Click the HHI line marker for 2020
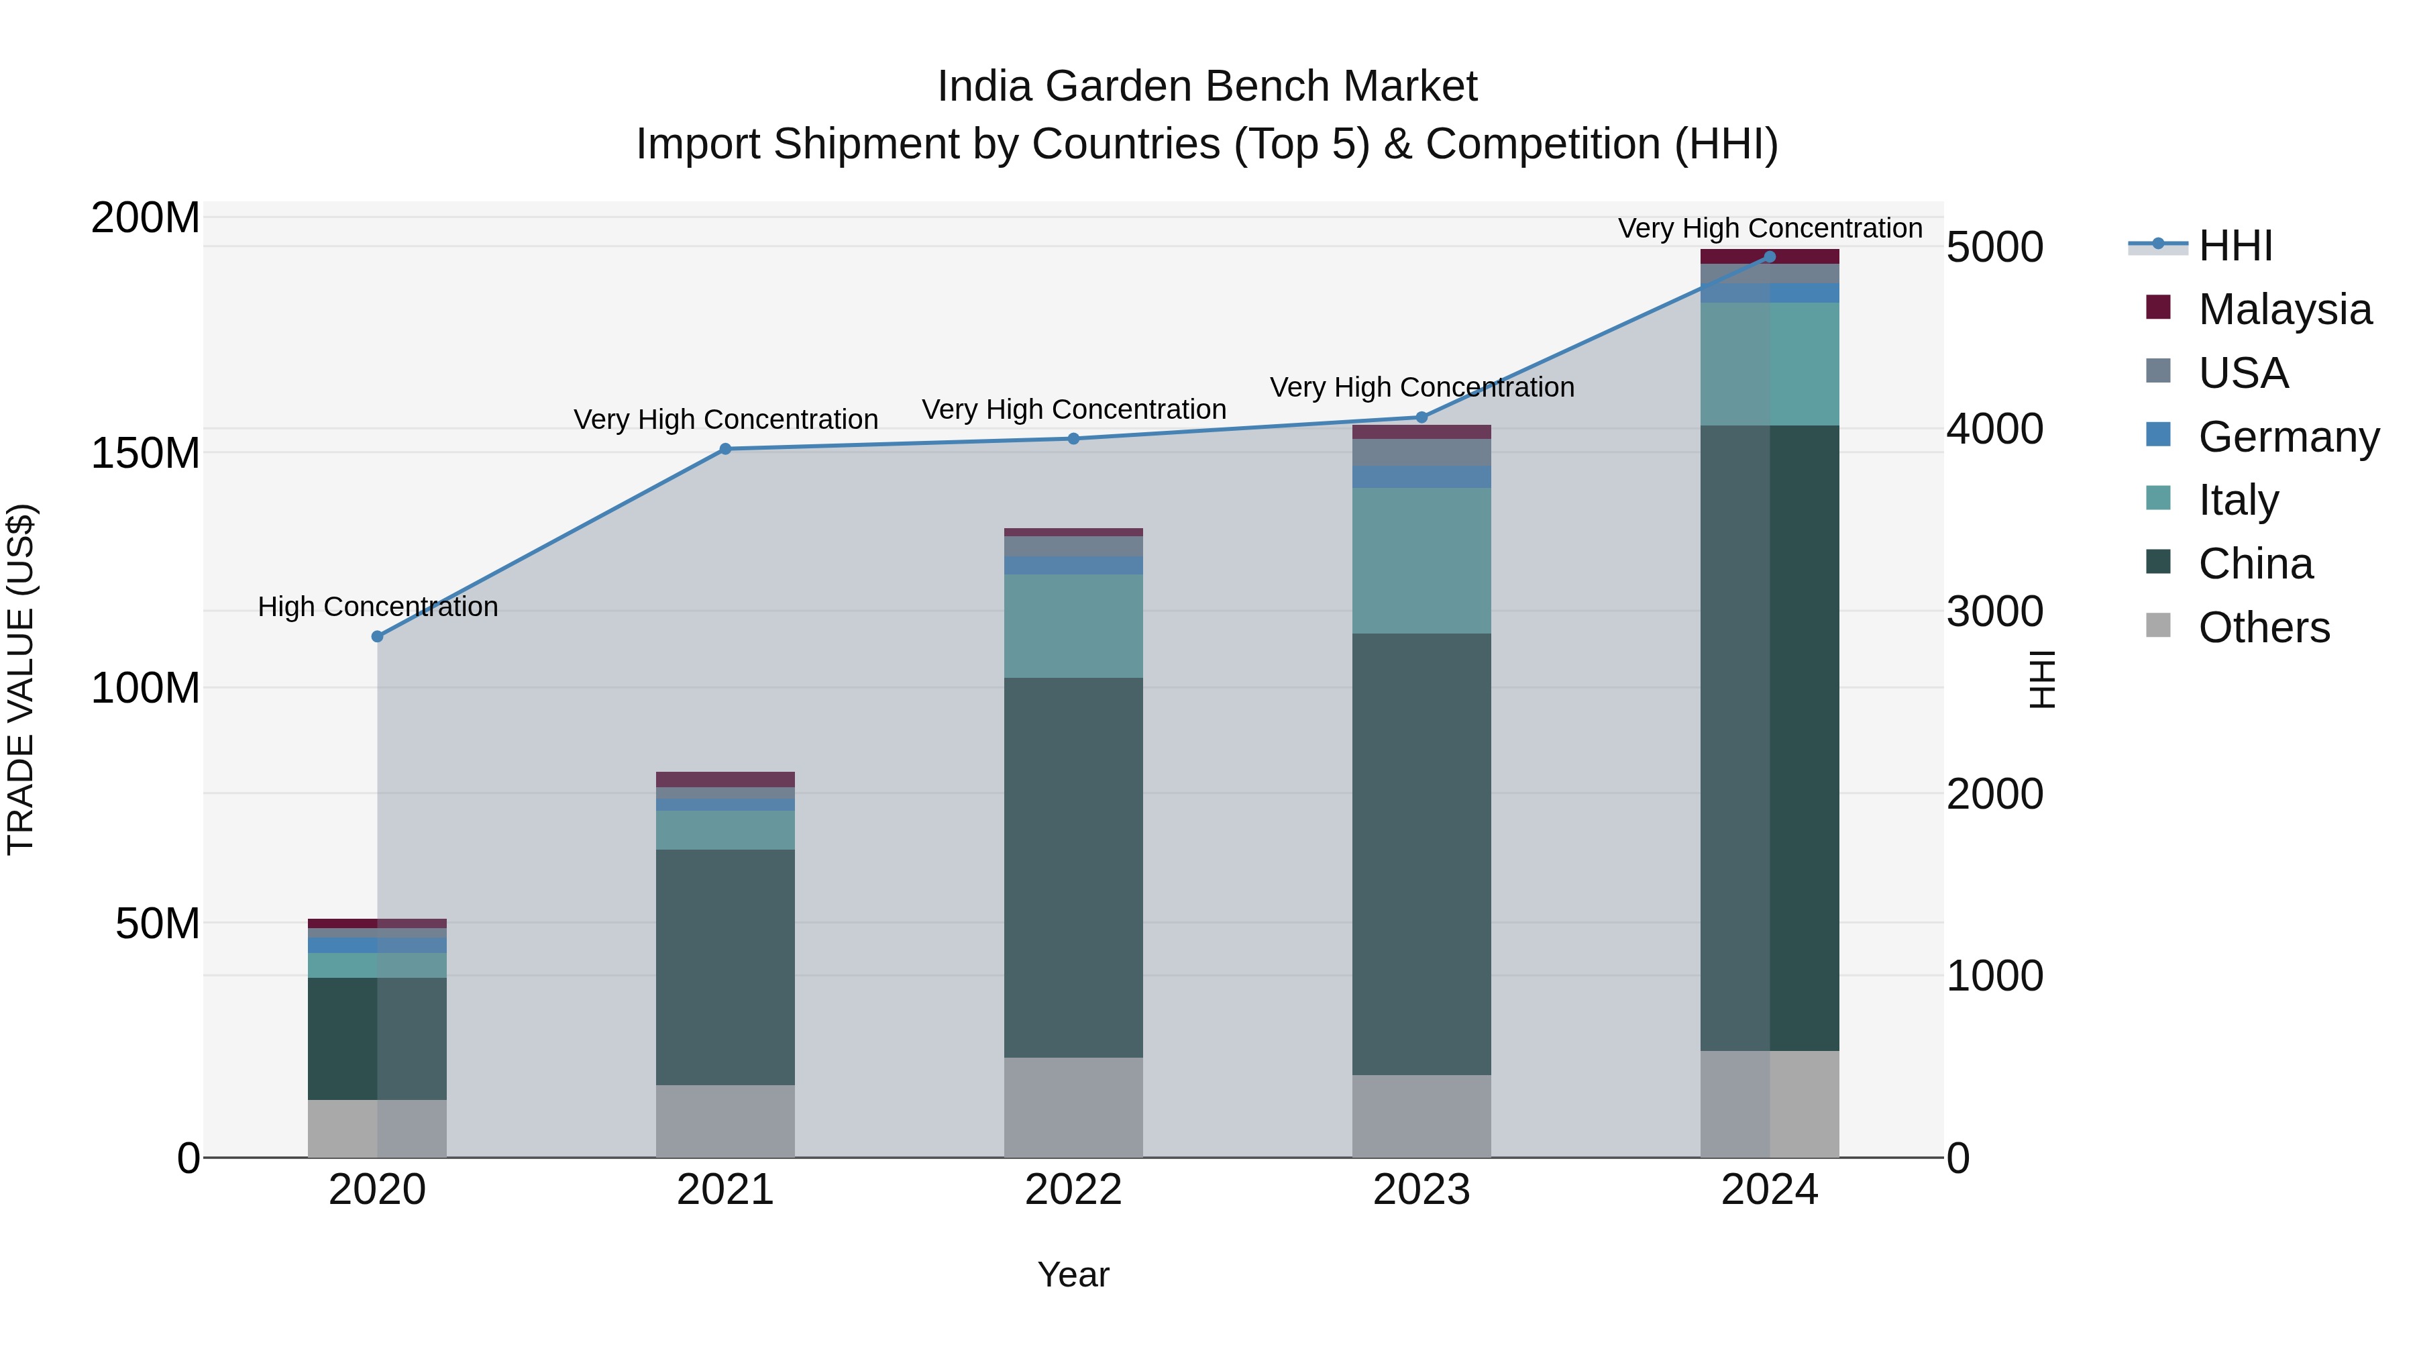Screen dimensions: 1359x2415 pos(377,637)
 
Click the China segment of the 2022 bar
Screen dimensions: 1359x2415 pos(1073,868)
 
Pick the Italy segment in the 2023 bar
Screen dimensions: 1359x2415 pos(1421,561)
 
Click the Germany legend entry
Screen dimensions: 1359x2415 pos(2288,437)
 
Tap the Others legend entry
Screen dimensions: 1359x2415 pos(2263,627)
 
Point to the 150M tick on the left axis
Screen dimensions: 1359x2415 pos(146,454)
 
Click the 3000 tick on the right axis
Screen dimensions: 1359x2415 pos(1995,611)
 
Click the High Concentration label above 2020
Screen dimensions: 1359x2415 pos(378,607)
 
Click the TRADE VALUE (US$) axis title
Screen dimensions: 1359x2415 pos(21,679)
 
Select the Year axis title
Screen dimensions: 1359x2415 pos(1073,1276)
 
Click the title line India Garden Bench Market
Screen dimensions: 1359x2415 pos(1207,87)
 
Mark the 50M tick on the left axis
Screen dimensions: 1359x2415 pos(158,925)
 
